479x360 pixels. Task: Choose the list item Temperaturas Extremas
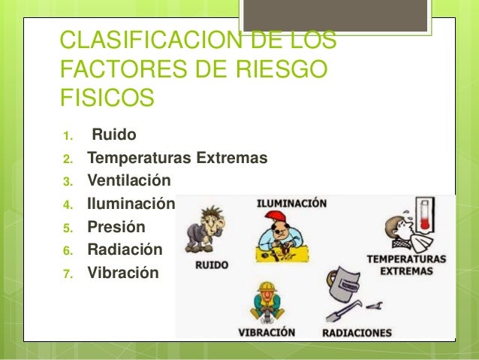177,159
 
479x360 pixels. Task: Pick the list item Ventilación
129,181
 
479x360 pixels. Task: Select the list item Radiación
125,249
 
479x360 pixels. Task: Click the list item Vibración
123,271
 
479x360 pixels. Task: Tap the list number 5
66,227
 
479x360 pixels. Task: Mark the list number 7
66,272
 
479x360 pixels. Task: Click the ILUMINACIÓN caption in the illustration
292,203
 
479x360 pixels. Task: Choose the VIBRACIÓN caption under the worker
267,331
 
